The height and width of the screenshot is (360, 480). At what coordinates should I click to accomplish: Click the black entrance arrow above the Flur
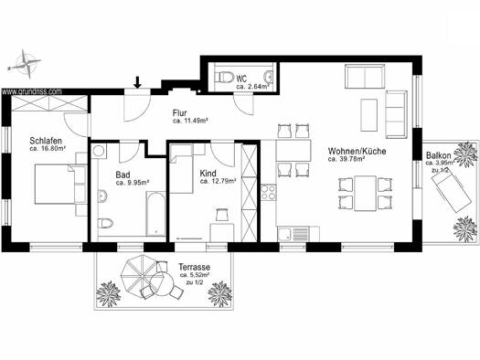click(138, 82)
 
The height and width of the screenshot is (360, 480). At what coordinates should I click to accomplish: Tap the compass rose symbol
click(25, 64)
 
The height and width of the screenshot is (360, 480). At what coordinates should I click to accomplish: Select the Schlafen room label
click(46, 141)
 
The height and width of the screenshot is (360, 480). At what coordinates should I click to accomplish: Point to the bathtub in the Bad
click(155, 214)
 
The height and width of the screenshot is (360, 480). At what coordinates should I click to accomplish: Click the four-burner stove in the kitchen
click(269, 193)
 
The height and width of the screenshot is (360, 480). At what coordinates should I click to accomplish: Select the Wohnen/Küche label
click(357, 151)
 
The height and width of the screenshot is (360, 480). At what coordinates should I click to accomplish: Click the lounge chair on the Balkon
click(452, 190)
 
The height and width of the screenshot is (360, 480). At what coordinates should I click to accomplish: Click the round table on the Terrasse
click(162, 284)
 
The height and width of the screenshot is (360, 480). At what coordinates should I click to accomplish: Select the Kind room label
click(208, 174)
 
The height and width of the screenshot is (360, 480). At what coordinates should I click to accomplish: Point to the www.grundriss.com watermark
click(32, 91)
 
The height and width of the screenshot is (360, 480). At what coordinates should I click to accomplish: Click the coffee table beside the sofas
click(368, 115)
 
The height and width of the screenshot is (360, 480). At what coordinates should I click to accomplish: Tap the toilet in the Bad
click(106, 223)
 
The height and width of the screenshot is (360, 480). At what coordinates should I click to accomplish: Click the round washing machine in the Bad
click(99, 151)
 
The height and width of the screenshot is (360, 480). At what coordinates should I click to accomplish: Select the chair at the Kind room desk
click(222, 215)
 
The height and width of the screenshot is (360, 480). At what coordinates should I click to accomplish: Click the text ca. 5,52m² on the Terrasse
click(195, 275)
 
